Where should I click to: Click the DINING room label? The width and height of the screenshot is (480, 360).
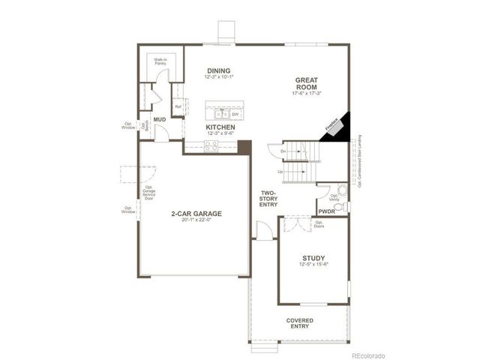point(219,71)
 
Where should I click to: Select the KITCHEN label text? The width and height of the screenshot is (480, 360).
point(220,128)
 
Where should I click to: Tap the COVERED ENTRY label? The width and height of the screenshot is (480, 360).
point(300,323)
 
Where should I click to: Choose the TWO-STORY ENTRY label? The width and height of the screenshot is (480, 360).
point(268,198)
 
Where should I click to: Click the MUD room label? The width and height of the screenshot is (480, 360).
point(160,120)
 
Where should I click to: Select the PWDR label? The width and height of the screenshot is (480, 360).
point(326,212)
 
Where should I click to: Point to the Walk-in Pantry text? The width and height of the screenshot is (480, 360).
point(160,62)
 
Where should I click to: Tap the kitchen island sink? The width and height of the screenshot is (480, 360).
point(221,112)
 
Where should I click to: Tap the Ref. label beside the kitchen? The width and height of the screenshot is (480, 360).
point(178,106)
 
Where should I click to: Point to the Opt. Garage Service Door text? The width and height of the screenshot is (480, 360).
point(148,194)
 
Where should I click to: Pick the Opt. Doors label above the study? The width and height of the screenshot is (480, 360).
point(319,224)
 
